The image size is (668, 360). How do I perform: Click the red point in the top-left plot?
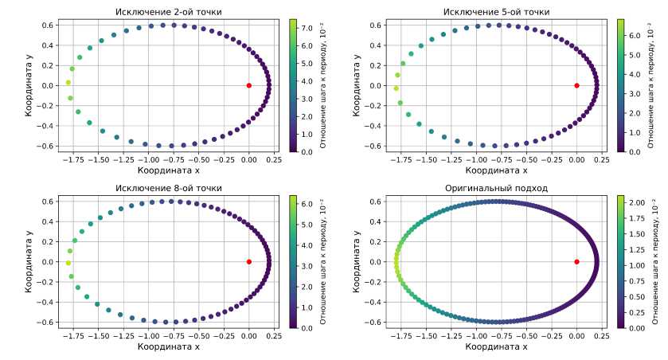[x=249, y=85]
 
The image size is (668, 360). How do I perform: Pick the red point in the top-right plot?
[x=576, y=85]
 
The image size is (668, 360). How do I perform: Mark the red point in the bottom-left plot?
[x=249, y=262]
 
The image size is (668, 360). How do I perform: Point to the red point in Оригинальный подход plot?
[x=576, y=262]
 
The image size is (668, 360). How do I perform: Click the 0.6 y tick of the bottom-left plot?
[x=44, y=202]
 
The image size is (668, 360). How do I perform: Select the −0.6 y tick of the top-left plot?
[x=42, y=146]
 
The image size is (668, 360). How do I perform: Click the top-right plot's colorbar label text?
[x=651, y=85]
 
